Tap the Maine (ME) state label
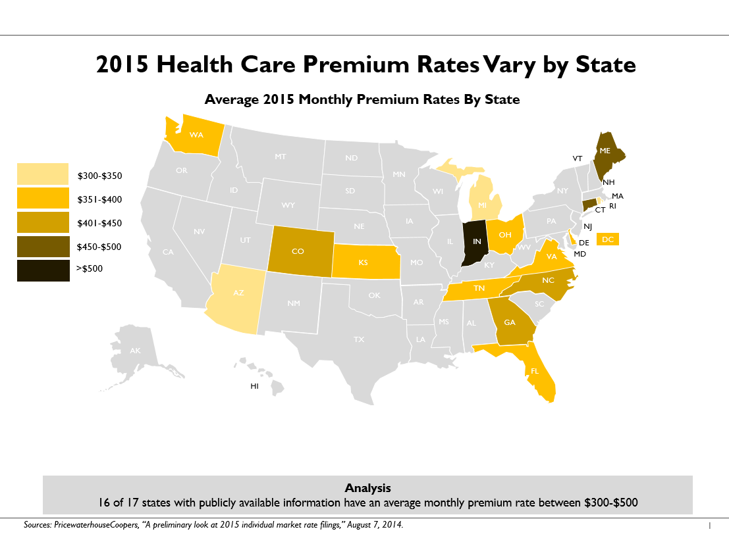click(x=605, y=151)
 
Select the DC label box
click(x=608, y=239)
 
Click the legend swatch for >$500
click(x=43, y=270)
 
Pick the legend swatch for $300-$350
click(x=43, y=174)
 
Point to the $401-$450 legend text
click(x=99, y=224)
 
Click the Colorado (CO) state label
click(x=297, y=252)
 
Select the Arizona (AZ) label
click(x=238, y=293)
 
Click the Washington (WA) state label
click(x=196, y=136)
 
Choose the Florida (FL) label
click(x=535, y=371)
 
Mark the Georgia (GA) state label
click(x=510, y=323)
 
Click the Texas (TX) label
click(x=359, y=340)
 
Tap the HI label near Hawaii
click(x=254, y=387)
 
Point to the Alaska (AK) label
click(x=135, y=351)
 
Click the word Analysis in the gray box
click(x=367, y=488)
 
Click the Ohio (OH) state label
click(x=505, y=235)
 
